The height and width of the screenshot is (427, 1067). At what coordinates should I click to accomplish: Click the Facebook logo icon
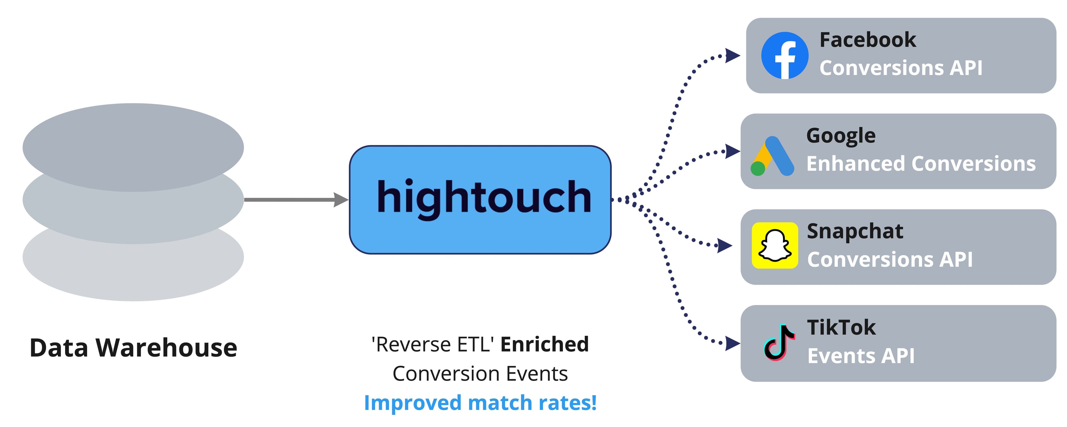point(784,55)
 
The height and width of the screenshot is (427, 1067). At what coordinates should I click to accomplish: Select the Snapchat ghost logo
point(775,245)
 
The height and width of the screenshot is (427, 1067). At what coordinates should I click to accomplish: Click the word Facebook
point(868,40)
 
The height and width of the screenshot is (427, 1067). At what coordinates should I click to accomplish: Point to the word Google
point(841,136)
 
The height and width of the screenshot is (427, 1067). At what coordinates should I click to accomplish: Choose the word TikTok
point(841,328)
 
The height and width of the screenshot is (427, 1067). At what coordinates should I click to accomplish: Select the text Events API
point(861,356)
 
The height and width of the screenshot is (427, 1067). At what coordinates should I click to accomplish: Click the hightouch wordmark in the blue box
point(484,198)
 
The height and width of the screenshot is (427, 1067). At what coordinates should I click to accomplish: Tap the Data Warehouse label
point(133,348)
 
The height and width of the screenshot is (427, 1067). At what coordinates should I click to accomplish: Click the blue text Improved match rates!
point(480,403)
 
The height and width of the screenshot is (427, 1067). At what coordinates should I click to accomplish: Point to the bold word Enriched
point(544,344)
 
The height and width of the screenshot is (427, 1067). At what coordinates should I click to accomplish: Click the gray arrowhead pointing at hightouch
point(341,200)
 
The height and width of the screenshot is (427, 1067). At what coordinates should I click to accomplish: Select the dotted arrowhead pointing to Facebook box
point(732,55)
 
